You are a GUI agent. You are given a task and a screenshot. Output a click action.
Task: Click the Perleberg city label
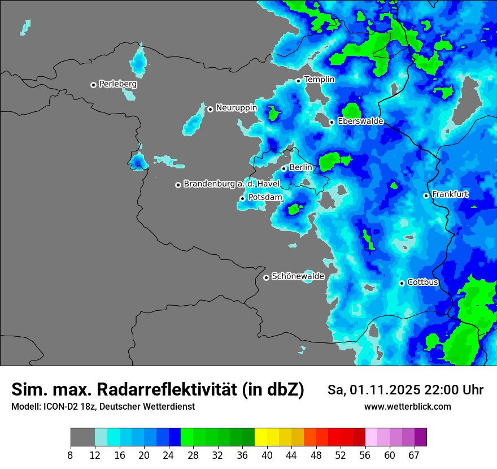[x=117, y=84]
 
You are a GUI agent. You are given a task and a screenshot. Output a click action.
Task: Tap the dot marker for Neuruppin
[x=210, y=109]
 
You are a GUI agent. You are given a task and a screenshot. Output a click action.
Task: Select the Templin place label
[x=319, y=80]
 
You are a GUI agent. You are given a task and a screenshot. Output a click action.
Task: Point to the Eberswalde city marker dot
[x=332, y=122]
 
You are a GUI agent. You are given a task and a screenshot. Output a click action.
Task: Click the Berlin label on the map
[x=300, y=168]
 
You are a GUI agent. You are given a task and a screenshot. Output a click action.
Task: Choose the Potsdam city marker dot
[x=243, y=198]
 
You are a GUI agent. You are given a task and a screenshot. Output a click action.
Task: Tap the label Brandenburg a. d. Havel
[x=232, y=184]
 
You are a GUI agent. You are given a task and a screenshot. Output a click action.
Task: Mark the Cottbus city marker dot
[x=402, y=283]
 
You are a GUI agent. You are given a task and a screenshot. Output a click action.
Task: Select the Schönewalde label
[x=298, y=276]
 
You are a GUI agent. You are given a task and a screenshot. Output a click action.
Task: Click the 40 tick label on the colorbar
[x=267, y=454]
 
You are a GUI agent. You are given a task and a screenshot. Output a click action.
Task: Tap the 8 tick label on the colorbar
[x=71, y=454]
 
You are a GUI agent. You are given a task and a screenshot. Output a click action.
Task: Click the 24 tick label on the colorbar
[x=168, y=454]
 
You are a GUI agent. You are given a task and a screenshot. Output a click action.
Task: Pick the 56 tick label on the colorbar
[x=365, y=454]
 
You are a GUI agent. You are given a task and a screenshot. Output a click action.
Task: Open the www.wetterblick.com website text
[x=407, y=407]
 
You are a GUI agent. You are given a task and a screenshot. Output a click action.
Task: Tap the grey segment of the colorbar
[x=82, y=437]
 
